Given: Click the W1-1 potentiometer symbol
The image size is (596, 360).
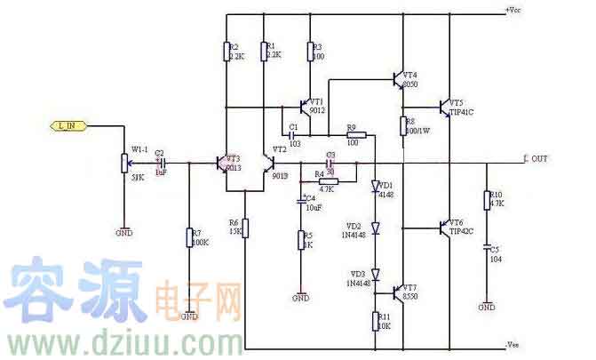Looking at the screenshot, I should coord(124,164).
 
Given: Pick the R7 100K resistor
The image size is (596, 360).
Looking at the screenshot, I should coord(190,237).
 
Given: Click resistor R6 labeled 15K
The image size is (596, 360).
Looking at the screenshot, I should coord(246,228).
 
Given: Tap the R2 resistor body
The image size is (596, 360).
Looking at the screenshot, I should coord(227,51).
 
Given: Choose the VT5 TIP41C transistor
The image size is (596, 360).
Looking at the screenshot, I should coord(443,108).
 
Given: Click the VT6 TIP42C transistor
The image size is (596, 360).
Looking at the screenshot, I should coord(443,227).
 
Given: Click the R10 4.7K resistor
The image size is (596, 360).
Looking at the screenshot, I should coord(487,200).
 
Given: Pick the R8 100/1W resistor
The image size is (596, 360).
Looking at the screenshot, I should coord(403,125).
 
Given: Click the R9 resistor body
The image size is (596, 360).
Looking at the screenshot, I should coord(353,133).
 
